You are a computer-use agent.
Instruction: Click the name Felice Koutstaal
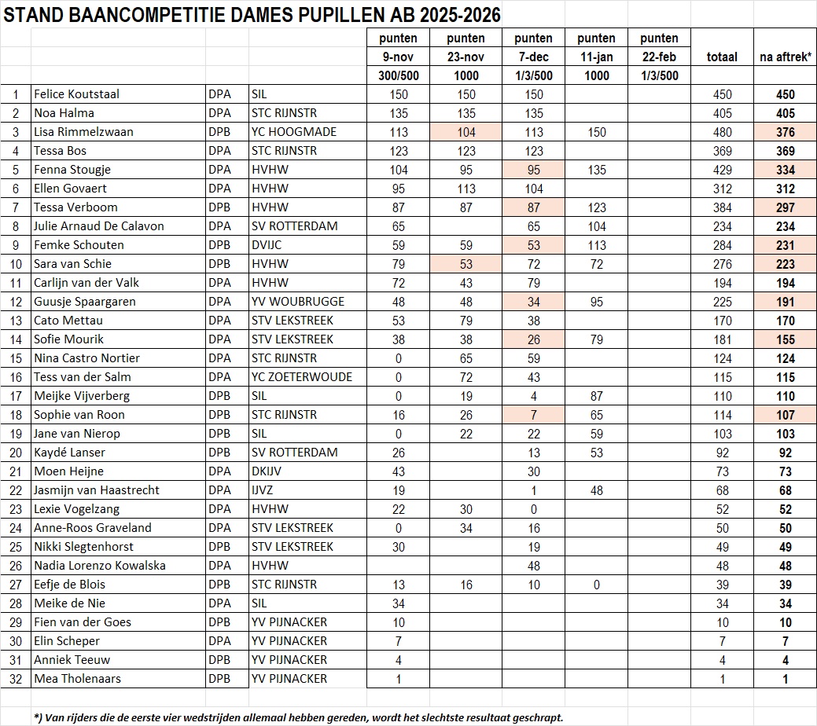pyautogui.click(x=76, y=94)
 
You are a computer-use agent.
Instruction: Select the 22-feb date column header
pyautogui.click(x=659, y=57)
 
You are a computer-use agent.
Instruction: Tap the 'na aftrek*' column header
pyautogui.click(x=785, y=57)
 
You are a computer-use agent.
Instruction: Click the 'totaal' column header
pyautogui.click(x=722, y=57)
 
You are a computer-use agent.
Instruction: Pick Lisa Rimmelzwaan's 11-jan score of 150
pyautogui.click(x=597, y=132)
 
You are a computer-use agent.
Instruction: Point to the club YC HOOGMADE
pyautogui.click(x=293, y=132)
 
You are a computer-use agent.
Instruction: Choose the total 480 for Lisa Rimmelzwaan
pyautogui.click(x=722, y=132)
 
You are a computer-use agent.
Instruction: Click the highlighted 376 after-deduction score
pyautogui.click(x=785, y=132)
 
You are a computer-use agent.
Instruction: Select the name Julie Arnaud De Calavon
pyautogui.click(x=99, y=226)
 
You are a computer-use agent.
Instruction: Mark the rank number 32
pyautogui.click(x=15, y=679)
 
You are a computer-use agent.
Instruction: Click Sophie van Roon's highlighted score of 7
pyautogui.click(x=534, y=415)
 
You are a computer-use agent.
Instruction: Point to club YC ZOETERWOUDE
pyautogui.click(x=301, y=377)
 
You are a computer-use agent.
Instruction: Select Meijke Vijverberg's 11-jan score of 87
pyautogui.click(x=597, y=396)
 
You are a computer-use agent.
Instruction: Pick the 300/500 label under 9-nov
pyautogui.click(x=398, y=76)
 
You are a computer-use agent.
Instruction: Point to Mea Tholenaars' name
pyautogui.click(x=77, y=679)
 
